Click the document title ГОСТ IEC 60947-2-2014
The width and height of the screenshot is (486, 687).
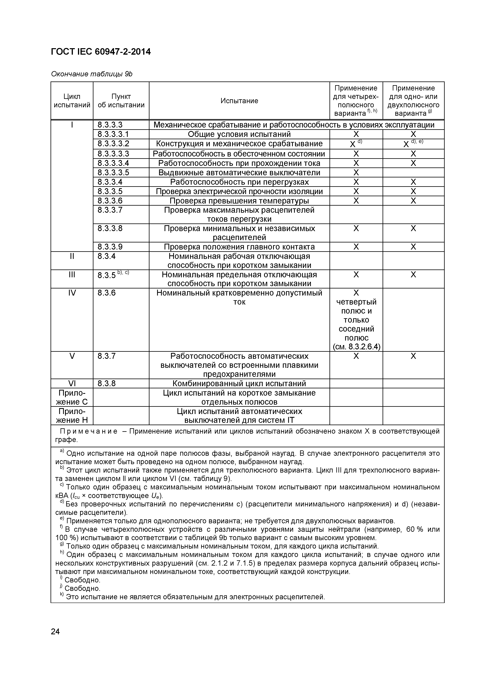click(101, 52)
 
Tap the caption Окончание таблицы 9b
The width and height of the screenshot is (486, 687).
click(91, 74)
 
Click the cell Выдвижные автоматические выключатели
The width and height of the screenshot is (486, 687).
click(239, 173)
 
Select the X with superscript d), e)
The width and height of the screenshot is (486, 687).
click(413, 144)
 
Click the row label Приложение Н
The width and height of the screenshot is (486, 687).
click(72, 416)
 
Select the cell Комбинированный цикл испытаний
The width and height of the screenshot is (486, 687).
click(239, 384)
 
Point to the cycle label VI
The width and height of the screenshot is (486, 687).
click(72, 384)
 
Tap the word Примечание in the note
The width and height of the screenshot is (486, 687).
click(89, 431)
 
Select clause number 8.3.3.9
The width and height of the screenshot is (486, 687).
click(110, 247)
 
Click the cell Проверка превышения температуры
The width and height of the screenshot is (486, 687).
click(239, 201)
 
